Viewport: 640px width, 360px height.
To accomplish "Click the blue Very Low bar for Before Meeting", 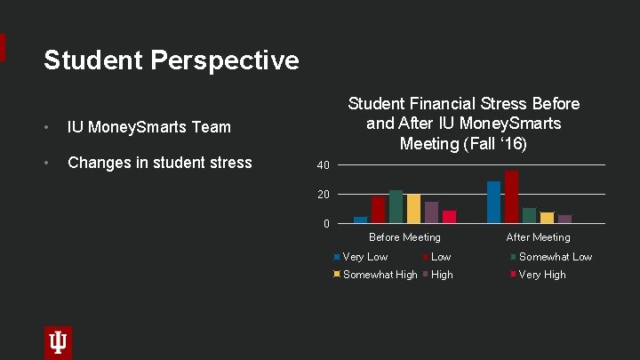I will [x=360, y=220].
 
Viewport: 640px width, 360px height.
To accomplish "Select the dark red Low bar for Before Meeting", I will [x=378, y=210].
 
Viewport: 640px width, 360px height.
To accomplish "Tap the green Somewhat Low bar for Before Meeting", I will [x=396, y=206].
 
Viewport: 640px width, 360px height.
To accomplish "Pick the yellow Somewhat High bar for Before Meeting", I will [x=413, y=209].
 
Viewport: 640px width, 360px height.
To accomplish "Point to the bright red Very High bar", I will [x=449, y=217].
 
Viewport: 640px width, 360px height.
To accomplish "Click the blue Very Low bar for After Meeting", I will [x=493, y=202].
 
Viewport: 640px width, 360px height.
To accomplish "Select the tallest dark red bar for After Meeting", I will [x=511, y=196].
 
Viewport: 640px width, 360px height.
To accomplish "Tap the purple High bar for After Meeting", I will [x=564, y=219].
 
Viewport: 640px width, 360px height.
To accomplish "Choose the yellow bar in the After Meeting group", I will [x=547, y=218].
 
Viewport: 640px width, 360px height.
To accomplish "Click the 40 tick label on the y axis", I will [x=323, y=165].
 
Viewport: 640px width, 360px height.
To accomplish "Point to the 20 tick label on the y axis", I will [x=323, y=195].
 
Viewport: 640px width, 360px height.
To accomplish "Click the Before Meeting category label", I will [x=404, y=237].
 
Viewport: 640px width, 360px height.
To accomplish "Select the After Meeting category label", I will [x=538, y=237].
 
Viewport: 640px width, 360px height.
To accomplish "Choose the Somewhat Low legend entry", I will [x=555, y=257].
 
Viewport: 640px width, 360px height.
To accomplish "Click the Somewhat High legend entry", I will [x=380, y=275].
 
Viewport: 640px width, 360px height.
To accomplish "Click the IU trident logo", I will [x=58, y=342].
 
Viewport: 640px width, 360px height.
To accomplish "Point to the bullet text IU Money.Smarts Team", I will [x=148, y=127].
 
